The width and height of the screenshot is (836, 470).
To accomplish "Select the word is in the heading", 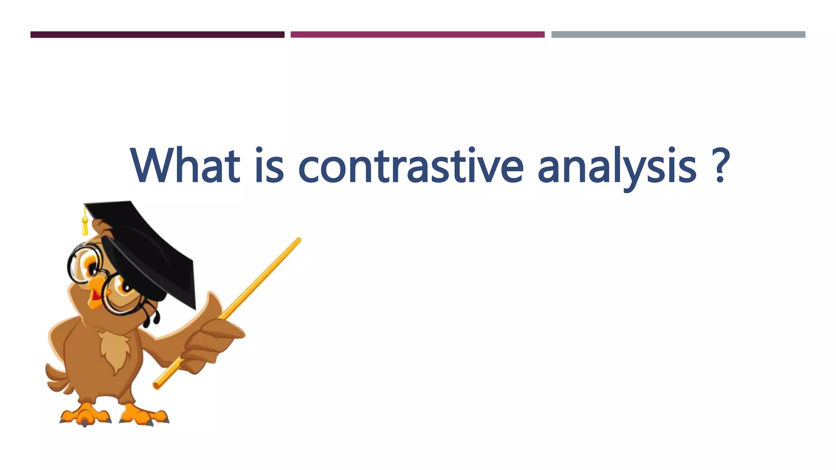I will point(269,166).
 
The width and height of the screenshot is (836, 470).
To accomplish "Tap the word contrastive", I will point(410,166).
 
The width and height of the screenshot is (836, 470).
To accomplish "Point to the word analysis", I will point(617,167).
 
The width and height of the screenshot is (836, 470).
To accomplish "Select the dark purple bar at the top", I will point(157,35).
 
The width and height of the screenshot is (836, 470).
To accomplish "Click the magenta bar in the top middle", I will point(417,35).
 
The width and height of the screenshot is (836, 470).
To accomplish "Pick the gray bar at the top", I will point(678,35).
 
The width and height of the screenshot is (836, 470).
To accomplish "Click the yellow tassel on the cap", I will point(85,225).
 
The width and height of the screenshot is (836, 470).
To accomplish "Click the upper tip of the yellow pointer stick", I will point(298,240).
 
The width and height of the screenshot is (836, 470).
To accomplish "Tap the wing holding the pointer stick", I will point(212,339).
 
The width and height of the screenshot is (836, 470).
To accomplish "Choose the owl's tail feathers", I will point(57,379).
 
